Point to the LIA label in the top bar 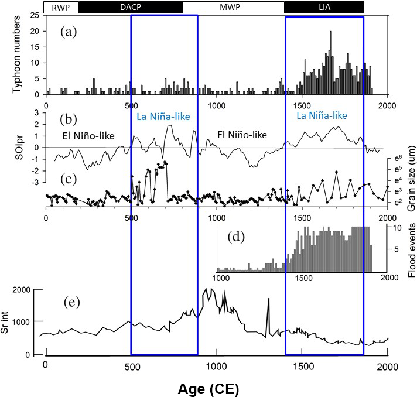click(x=324, y=7)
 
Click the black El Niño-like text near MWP click(x=242, y=134)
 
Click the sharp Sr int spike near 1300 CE click(x=269, y=300)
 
